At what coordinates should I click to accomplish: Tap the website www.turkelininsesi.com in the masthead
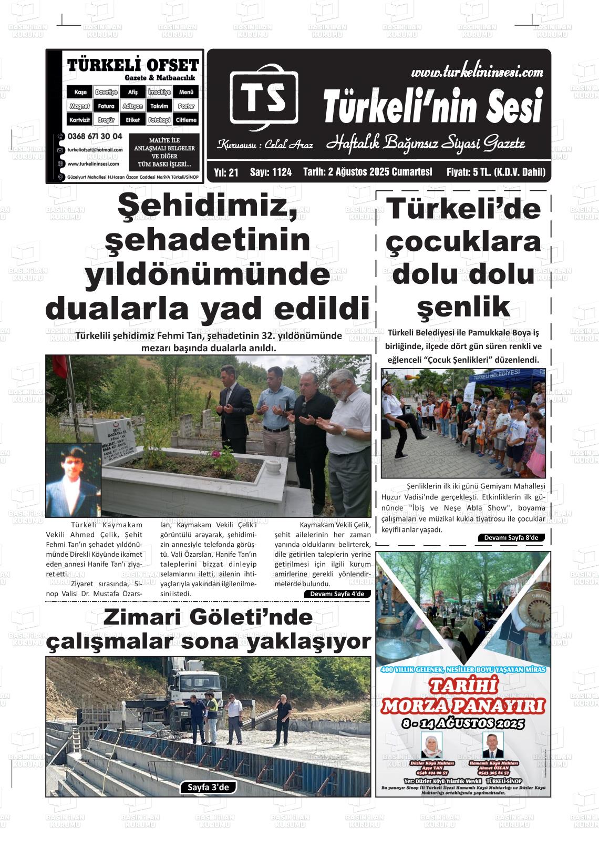477,72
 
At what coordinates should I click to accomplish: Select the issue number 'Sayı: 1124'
271,172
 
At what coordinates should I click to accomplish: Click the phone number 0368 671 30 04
95,136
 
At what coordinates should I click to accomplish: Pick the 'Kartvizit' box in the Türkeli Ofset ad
80,120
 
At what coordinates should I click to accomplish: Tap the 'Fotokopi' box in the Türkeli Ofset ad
159,120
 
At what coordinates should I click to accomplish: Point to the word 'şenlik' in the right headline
463,306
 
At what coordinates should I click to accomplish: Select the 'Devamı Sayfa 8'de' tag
511,537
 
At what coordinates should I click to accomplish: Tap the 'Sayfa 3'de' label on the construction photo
208,787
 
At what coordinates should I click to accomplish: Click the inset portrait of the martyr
73,479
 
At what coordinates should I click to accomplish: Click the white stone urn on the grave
273,465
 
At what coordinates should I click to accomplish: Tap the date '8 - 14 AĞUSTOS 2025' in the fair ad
463,723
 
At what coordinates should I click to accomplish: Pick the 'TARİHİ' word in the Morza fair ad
463,686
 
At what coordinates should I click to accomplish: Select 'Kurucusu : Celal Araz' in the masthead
265,145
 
